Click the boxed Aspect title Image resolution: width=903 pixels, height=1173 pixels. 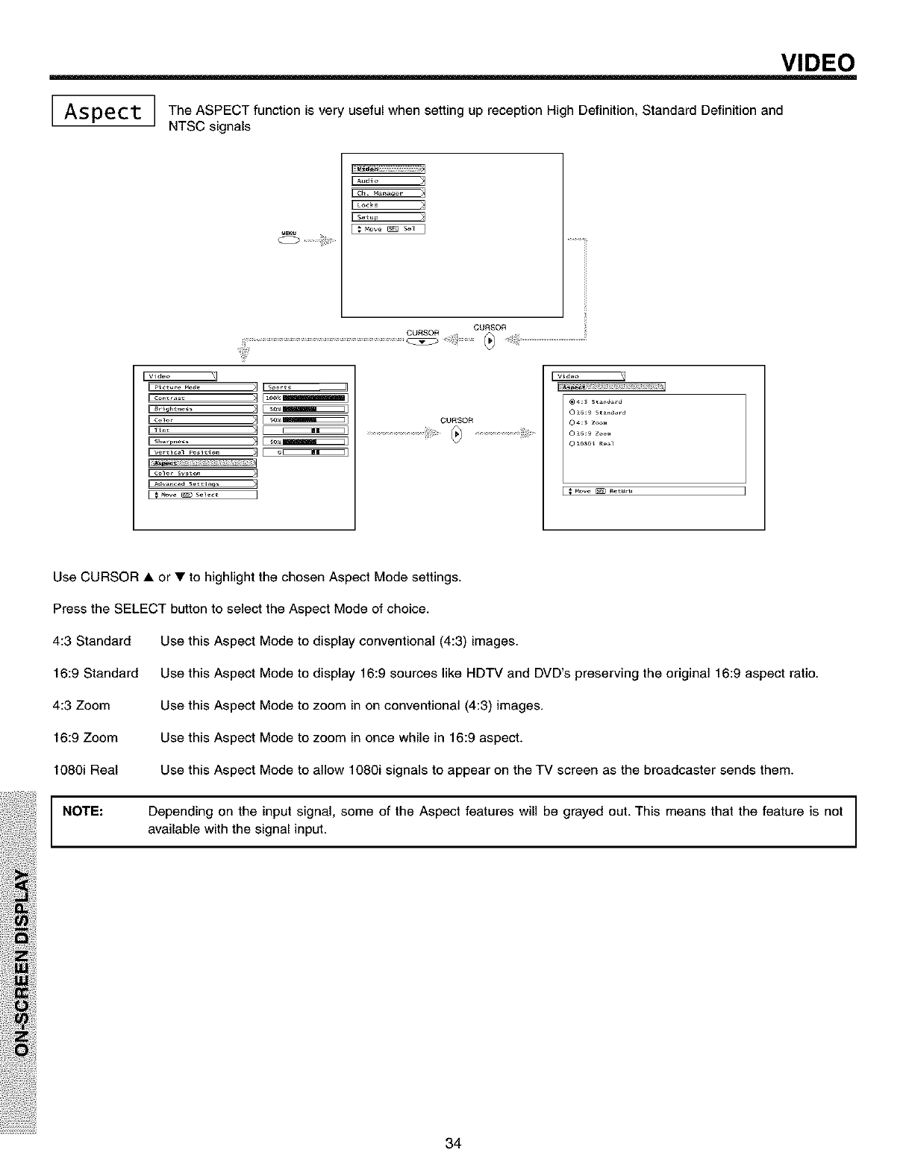103,113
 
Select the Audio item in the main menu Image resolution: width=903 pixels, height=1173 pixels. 387,180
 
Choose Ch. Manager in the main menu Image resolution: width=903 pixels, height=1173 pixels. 387,193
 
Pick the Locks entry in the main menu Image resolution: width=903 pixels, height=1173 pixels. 387,204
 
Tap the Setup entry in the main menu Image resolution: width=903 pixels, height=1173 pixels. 387,217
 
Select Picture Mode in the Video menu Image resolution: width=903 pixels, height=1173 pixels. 202,387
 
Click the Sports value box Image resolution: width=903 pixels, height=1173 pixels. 306,387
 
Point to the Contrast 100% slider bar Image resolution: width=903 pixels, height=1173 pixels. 306,398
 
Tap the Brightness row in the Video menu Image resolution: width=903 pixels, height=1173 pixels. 202,409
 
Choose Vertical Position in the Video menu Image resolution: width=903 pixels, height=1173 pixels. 202,451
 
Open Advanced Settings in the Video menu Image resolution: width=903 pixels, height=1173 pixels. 202,484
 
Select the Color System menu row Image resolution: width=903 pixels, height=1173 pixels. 202,473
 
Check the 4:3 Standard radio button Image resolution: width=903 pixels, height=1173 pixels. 570,401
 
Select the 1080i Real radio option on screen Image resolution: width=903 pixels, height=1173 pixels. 570,443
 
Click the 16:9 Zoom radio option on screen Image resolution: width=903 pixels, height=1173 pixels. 570,433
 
